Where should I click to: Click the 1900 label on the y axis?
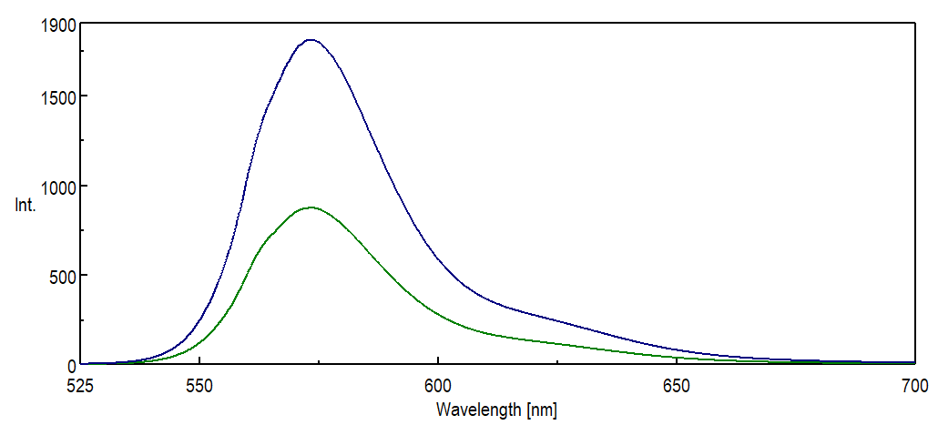click(56, 26)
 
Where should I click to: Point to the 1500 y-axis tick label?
click(56, 96)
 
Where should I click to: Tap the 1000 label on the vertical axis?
click(56, 186)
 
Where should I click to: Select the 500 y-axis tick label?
click(60, 275)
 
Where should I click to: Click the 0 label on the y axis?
click(69, 365)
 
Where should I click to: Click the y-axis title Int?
click(25, 206)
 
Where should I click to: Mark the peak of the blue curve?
click(311, 40)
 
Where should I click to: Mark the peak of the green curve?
click(311, 207)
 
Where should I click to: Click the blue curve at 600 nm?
click(438, 258)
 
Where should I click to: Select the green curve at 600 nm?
click(438, 314)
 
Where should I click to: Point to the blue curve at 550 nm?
click(199, 324)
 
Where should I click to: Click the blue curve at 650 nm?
click(677, 349)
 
